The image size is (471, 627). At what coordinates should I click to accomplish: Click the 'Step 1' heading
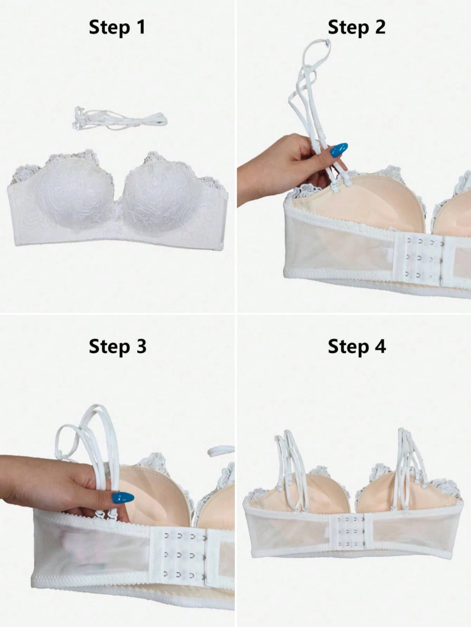click(x=117, y=27)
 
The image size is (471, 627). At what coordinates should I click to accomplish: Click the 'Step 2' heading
click(x=356, y=27)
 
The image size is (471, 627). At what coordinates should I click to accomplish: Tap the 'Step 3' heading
click(x=117, y=346)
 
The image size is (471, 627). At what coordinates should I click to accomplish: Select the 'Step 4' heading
click(x=356, y=346)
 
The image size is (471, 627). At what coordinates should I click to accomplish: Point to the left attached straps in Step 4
click(x=291, y=467)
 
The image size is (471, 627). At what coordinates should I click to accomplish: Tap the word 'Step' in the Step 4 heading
click(x=348, y=347)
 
